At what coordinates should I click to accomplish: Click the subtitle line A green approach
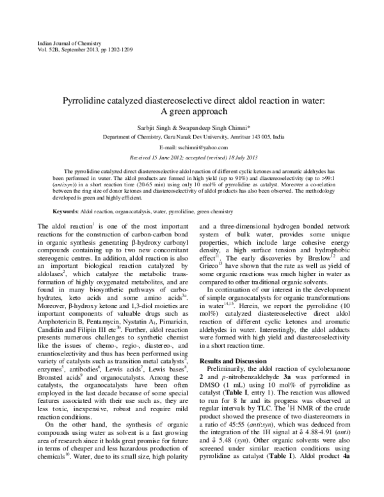(194, 114)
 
